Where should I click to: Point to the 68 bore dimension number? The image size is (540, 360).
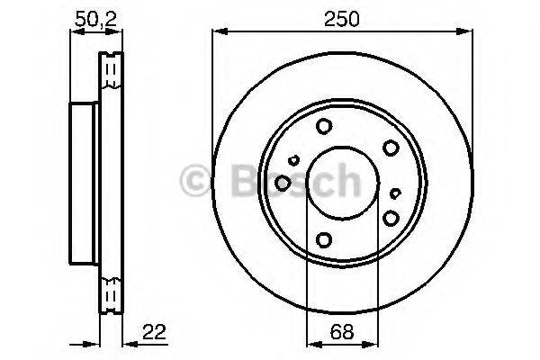(x=342, y=331)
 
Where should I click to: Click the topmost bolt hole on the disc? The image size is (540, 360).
(x=325, y=128)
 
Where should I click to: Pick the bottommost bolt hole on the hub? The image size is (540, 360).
(x=323, y=238)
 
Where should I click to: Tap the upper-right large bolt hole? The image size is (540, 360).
(x=391, y=148)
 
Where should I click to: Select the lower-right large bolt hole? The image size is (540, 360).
(x=391, y=217)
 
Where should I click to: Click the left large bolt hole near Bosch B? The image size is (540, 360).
(x=283, y=184)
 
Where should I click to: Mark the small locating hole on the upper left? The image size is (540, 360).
(x=294, y=160)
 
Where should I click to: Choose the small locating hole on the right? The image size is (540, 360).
(x=397, y=192)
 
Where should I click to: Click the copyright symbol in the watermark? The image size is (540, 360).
(x=195, y=180)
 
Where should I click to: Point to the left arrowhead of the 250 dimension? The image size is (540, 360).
(x=217, y=32)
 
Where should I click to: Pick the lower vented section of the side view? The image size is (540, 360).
(x=111, y=294)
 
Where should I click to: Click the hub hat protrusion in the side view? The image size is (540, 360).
(x=84, y=183)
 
